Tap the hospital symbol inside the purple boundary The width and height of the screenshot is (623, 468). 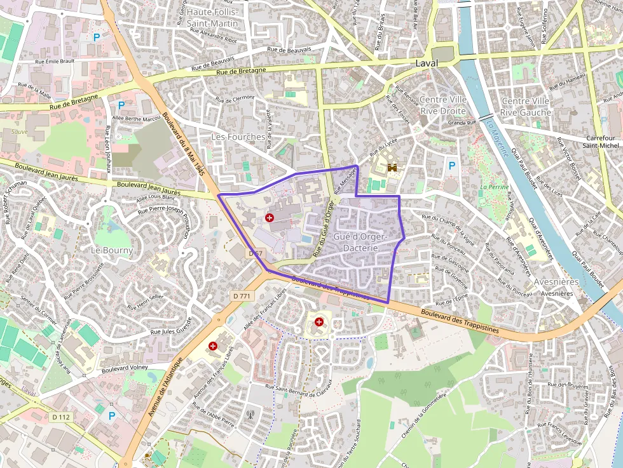pos(270,218)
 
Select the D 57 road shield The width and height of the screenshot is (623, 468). pos(256,253)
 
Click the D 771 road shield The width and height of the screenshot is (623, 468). pos(242,295)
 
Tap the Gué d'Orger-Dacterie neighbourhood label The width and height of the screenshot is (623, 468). pos(361,242)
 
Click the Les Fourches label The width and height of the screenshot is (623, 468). pos(238,137)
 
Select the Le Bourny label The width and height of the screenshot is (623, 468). pos(112,250)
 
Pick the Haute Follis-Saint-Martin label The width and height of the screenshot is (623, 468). pos(212,18)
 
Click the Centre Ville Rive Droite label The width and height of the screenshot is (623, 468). pos(443,105)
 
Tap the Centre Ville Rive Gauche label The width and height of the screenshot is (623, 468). pos(525,106)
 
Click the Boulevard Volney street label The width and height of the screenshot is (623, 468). pos(125,368)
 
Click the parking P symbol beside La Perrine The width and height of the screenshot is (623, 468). pos(452,166)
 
